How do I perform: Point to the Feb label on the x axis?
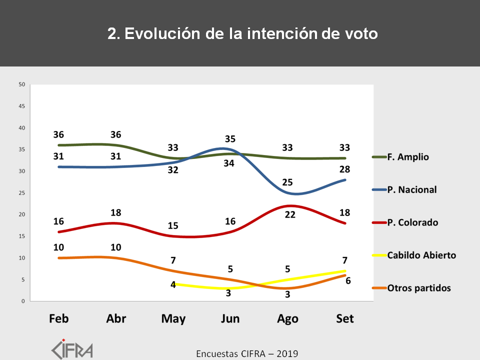[x=59, y=319]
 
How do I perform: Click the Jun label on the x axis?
[x=230, y=319]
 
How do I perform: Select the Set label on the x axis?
[x=344, y=319]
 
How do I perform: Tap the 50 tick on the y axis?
[x=22, y=84]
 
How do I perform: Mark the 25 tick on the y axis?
[x=22, y=193]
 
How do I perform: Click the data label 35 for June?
[x=230, y=139]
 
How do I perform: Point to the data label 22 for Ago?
[x=287, y=215]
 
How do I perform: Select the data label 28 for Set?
[x=345, y=169]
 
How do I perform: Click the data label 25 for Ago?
[x=287, y=181]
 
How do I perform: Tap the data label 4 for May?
[x=173, y=285]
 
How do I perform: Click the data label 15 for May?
[x=173, y=225]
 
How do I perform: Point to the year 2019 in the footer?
[x=287, y=354]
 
